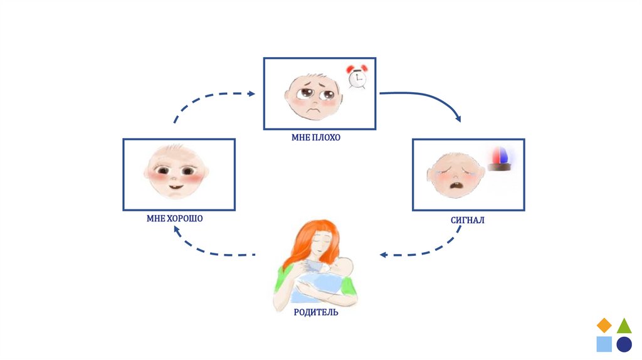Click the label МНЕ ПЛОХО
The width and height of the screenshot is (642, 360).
(x=315, y=137)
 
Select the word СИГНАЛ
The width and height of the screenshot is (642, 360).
(x=467, y=220)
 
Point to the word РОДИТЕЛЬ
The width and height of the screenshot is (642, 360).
(x=315, y=312)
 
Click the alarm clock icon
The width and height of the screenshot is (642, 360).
(x=357, y=78)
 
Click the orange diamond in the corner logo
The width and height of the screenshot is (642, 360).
(x=604, y=325)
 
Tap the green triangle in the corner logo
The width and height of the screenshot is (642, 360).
(x=624, y=326)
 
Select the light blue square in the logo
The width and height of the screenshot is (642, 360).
(x=604, y=344)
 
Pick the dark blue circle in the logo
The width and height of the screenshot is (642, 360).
(x=624, y=344)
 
